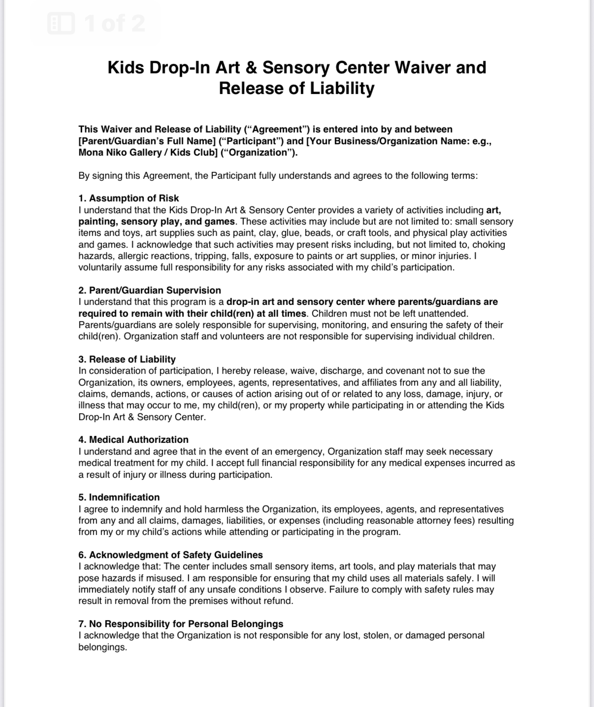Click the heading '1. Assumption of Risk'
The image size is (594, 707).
pos(129,199)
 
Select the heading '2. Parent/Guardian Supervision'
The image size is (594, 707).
pos(149,290)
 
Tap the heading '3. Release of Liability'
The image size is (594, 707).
pos(127,359)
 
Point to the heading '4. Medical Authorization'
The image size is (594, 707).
pos(133,439)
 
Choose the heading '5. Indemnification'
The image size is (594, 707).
pos(119,497)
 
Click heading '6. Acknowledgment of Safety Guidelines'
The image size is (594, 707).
pos(170,555)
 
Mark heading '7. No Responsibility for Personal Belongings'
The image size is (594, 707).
pos(181,624)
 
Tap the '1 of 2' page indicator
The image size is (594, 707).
pos(115,23)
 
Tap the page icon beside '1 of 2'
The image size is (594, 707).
pos(61,23)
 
